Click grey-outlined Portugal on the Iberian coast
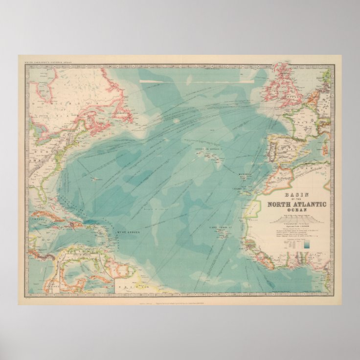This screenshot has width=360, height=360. (x=270, y=150)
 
